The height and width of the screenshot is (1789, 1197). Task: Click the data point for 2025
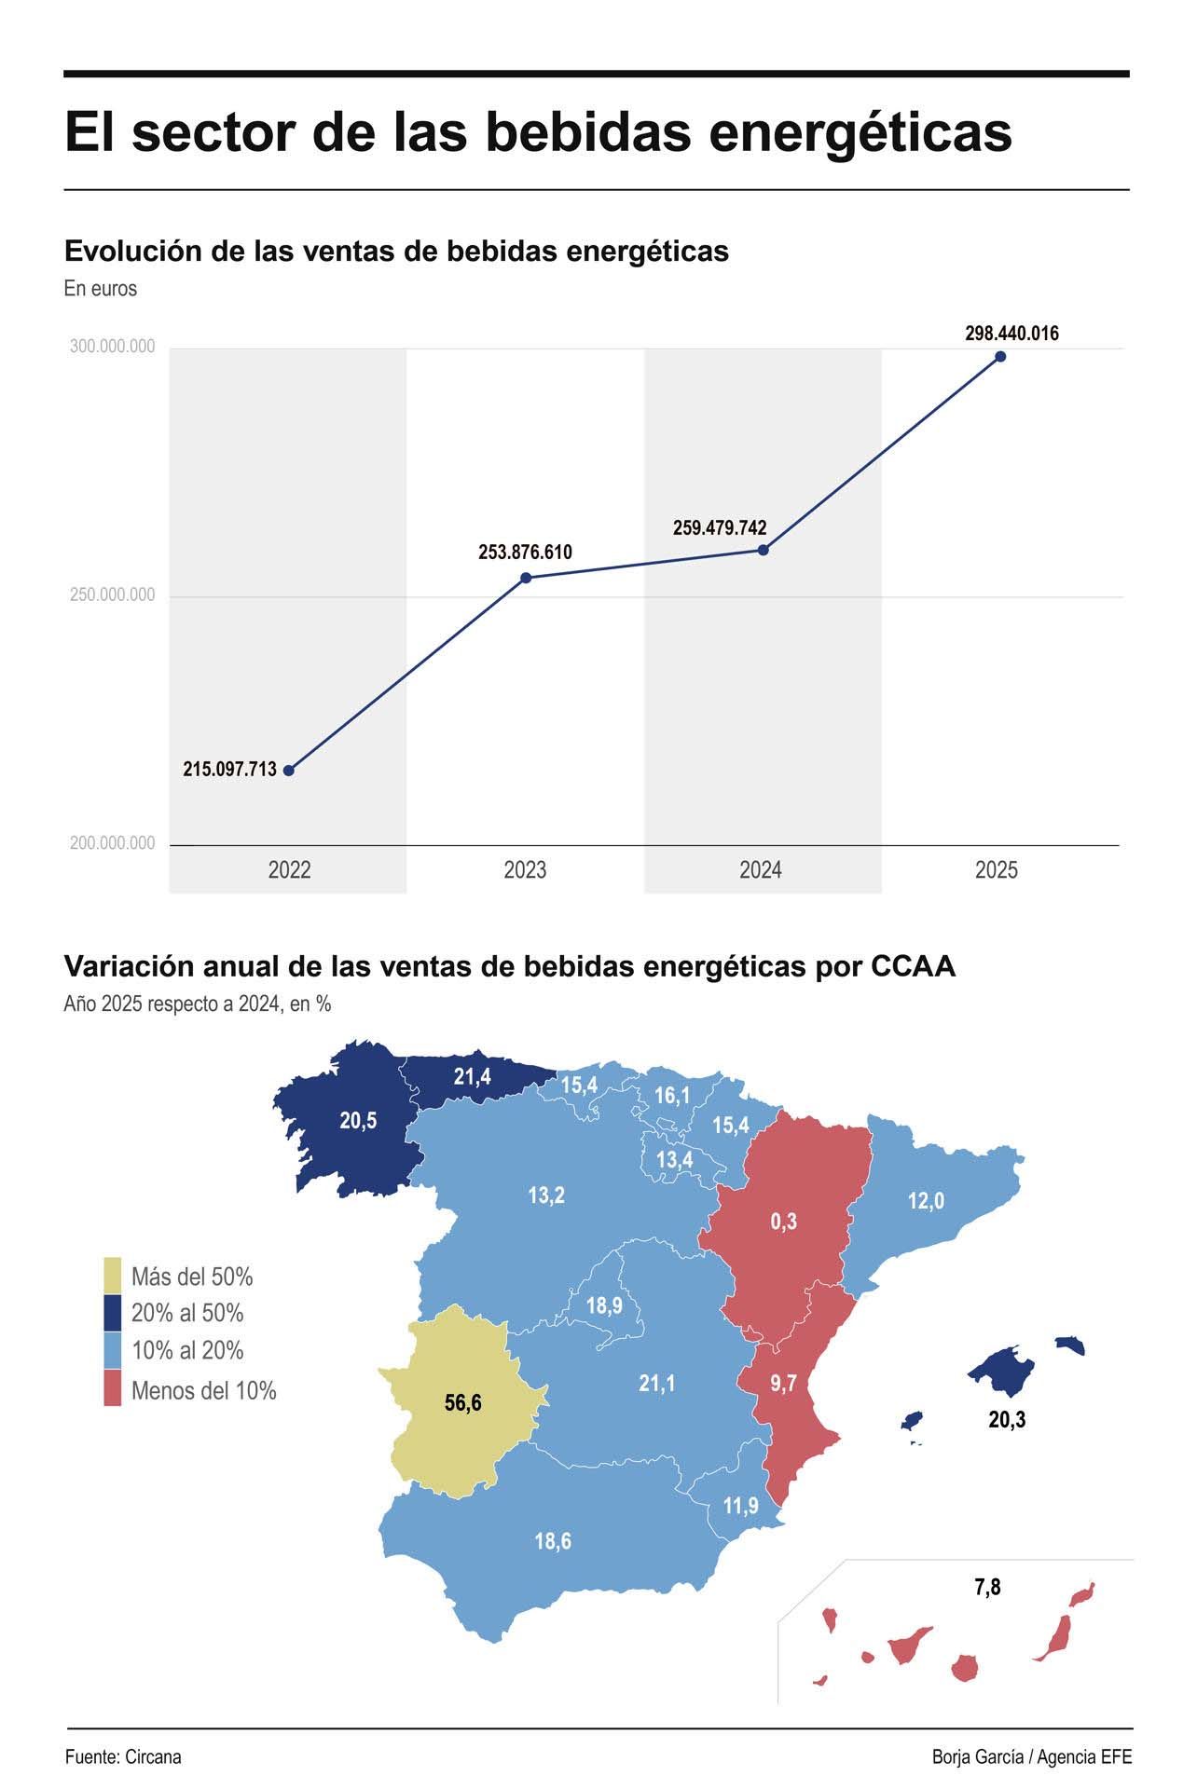tap(1000, 356)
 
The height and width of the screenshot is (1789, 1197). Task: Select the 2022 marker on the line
tap(289, 771)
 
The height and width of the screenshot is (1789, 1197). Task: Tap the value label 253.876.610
tap(525, 553)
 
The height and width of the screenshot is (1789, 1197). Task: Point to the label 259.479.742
tap(720, 528)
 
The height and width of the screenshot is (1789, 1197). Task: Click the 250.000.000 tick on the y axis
tap(112, 595)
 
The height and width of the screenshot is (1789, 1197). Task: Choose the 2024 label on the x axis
tap(761, 870)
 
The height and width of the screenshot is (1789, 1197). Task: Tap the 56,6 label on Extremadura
tap(463, 1402)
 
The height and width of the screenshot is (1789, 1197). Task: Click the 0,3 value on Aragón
tap(783, 1222)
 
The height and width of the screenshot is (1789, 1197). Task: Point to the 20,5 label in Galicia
tap(358, 1121)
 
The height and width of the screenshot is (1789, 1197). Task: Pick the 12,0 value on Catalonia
tap(926, 1201)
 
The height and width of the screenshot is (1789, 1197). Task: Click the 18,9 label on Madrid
tap(604, 1305)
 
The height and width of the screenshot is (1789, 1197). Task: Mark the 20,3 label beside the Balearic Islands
tap(1007, 1420)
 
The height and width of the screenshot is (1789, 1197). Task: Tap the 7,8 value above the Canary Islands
tap(987, 1587)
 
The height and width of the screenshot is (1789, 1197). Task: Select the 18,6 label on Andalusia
tap(553, 1541)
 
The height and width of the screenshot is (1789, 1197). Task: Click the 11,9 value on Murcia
tap(740, 1506)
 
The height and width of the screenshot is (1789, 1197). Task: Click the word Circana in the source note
tap(152, 1756)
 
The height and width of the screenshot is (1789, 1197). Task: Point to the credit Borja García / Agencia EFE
tap(1032, 1756)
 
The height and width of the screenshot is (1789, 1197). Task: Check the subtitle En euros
tap(101, 289)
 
